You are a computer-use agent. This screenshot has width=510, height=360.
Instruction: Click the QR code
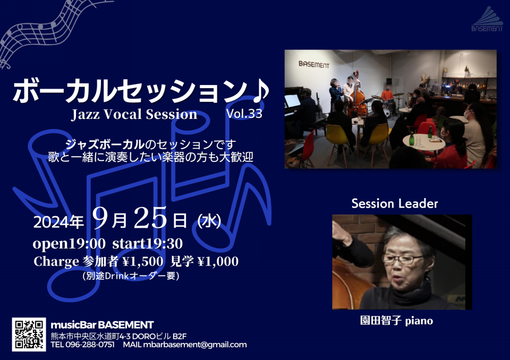click(x=29, y=335)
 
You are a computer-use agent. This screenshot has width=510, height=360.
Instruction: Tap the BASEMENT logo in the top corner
click(x=487, y=19)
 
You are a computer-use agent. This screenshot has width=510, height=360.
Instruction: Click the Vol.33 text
click(x=244, y=114)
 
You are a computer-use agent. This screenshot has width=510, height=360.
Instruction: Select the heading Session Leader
click(x=395, y=203)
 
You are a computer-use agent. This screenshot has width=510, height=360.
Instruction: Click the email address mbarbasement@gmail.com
click(x=195, y=345)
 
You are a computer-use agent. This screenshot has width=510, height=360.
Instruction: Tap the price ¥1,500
click(x=143, y=261)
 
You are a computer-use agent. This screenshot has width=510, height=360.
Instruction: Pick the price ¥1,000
click(x=218, y=261)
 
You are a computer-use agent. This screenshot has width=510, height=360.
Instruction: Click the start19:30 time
click(x=147, y=244)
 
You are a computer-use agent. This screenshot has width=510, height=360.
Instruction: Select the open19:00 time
click(x=69, y=244)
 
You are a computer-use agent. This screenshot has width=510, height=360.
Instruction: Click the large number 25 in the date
click(x=150, y=218)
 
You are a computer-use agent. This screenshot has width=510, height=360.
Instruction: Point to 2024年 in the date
click(x=58, y=222)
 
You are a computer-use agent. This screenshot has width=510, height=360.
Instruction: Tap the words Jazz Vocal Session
click(x=134, y=115)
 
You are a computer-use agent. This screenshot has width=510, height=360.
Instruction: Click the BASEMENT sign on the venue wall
click(x=314, y=64)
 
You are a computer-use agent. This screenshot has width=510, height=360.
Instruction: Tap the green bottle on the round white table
click(x=412, y=139)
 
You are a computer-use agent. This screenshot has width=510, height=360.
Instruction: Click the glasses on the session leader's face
click(x=402, y=259)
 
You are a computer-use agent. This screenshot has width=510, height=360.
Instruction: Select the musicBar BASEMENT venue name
click(x=102, y=325)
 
